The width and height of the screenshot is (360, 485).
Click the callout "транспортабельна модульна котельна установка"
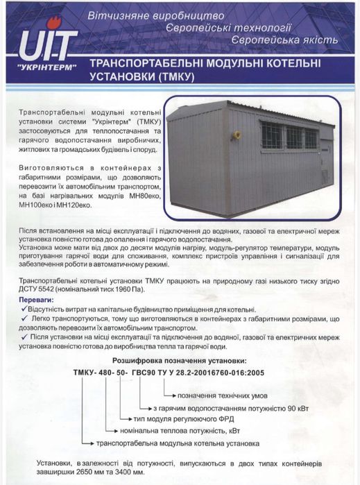tap(173, 442)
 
